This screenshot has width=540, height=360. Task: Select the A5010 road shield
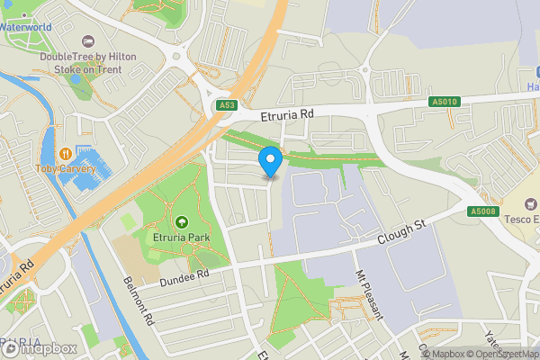pyautogui.click(x=444, y=102)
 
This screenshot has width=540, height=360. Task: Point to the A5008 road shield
pyautogui.click(x=482, y=211)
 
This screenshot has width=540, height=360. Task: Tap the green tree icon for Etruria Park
pyautogui.click(x=182, y=222)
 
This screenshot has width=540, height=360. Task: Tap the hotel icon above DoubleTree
pyautogui.click(x=88, y=41)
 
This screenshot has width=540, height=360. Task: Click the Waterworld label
pyautogui.click(x=26, y=27)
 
